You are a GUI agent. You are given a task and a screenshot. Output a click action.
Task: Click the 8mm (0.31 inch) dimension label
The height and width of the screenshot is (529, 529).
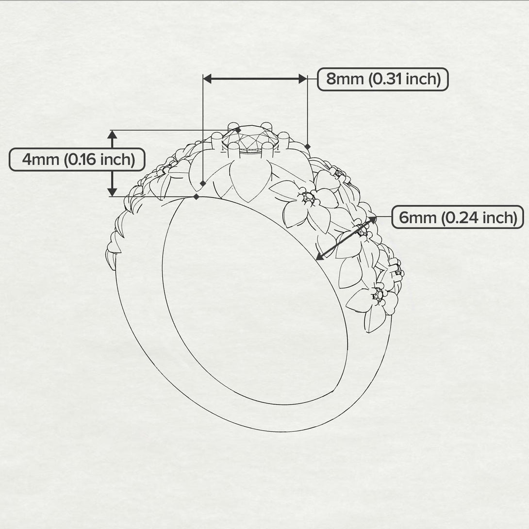tap(383, 79)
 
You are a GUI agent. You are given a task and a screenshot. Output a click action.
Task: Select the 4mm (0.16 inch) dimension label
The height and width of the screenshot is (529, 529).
tap(77, 160)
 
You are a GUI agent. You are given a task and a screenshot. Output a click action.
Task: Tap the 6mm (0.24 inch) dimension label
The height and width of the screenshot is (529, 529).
tap(457, 217)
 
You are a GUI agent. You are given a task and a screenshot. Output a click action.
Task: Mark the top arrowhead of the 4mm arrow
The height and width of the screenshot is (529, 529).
tap(113, 135)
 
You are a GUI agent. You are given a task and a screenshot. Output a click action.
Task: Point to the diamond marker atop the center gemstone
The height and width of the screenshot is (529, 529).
tap(238, 130)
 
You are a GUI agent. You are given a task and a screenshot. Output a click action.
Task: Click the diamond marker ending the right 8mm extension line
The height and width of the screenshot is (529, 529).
tap(307, 146)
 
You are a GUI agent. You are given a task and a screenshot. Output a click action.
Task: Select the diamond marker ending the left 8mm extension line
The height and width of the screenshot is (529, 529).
tap(202, 183)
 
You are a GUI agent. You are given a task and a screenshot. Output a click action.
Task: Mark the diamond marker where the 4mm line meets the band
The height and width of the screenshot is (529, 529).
tap(196, 197)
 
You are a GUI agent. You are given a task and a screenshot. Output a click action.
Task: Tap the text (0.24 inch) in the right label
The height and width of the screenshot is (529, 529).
tap(479, 217)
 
